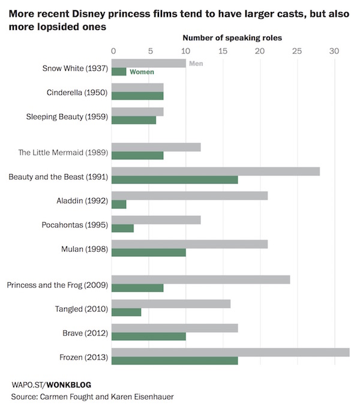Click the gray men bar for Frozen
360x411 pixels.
(x=230, y=352)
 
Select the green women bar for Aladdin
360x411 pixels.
(x=119, y=204)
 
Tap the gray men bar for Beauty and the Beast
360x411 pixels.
(x=215, y=171)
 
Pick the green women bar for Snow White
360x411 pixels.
(x=119, y=72)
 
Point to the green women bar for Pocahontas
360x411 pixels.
(x=122, y=228)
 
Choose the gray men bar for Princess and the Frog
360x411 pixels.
(x=200, y=280)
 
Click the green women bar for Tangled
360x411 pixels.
(x=126, y=312)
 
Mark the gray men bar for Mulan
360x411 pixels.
(x=190, y=244)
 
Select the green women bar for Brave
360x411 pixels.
(x=148, y=337)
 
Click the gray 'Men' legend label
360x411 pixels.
(x=196, y=63)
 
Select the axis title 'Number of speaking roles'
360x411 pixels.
(x=232, y=38)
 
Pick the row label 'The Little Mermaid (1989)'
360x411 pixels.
(x=63, y=152)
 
